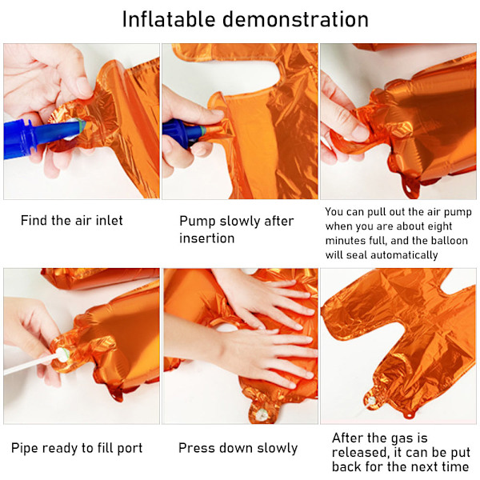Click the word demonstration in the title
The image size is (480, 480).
point(295,19)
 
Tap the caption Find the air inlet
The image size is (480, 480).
point(72,221)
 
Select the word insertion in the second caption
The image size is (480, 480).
point(207,238)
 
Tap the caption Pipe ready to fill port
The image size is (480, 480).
point(77,448)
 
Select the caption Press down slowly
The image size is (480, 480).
point(238,448)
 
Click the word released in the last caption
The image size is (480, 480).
point(358,453)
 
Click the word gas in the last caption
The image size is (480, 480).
point(398,439)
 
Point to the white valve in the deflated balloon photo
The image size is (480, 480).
point(372,400)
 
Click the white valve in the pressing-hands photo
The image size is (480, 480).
point(261,414)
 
